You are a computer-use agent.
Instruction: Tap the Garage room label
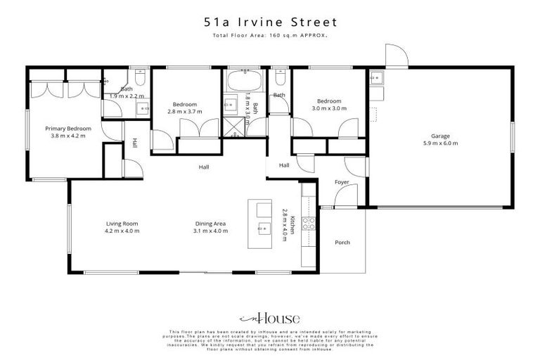pyautogui.click(x=440, y=136)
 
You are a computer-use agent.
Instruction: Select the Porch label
pyautogui.click(x=342, y=243)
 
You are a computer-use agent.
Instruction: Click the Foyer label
pyautogui.click(x=342, y=182)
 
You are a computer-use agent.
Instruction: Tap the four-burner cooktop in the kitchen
pyautogui.click(x=308, y=224)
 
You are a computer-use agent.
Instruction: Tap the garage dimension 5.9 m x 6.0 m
pyautogui.click(x=440, y=143)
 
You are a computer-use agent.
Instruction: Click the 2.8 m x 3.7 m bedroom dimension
pyautogui.click(x=184, y=111)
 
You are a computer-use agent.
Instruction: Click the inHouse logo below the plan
pyautogui.click(x=269, y=318)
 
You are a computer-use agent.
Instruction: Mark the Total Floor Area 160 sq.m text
pyautogui.click(x=269, y=34)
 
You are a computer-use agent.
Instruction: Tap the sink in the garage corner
pyautogui.click(x=376, y=77)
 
